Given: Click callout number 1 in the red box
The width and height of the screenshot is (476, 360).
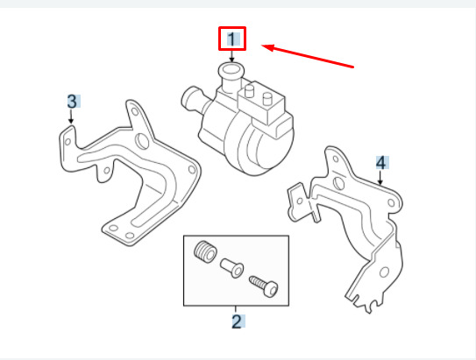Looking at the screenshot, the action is click(x=232, y=39).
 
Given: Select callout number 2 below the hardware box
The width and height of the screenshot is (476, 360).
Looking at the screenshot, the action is click(x=237, y=321).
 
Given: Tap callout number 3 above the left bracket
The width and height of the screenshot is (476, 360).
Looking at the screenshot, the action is click(x=72, y=102).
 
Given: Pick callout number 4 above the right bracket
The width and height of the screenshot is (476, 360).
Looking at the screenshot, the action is click(x=381, y=163).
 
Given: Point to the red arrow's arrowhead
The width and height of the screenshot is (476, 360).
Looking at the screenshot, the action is click(x=268, y=47).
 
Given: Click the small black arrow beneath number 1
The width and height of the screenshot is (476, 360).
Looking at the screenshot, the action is click(x=232, y=56).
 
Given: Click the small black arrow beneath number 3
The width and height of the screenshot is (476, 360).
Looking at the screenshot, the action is click(x=71, y=116).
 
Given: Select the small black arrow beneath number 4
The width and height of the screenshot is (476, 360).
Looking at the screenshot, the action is click(x=380, y=178).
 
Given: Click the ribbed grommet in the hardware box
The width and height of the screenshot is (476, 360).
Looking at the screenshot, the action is click(x=205, y=251).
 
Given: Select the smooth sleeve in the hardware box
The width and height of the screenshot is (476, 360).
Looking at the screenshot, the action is click(x=232, y=267).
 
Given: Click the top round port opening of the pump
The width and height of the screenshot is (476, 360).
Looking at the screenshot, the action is click(x=231, y=70).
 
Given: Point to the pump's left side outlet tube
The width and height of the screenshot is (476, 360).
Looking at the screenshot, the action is click(x=193, y=100).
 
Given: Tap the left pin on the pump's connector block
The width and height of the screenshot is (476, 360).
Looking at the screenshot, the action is click(x=249, y=90).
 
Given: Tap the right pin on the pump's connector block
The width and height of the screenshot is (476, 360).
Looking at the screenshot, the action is click(x=267, y=99).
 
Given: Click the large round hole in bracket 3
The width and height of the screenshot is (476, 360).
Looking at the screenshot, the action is click(x=142, y=141).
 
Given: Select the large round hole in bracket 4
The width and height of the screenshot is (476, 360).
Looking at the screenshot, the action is click(x=338, y=183).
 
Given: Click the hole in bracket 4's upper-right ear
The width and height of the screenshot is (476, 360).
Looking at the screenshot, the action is click(x=391, y=202).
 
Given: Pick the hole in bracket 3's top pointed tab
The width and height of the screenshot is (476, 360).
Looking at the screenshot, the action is click(x=135, y=112).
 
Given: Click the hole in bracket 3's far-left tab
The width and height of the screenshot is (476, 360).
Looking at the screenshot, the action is click(x=68, y=141).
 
